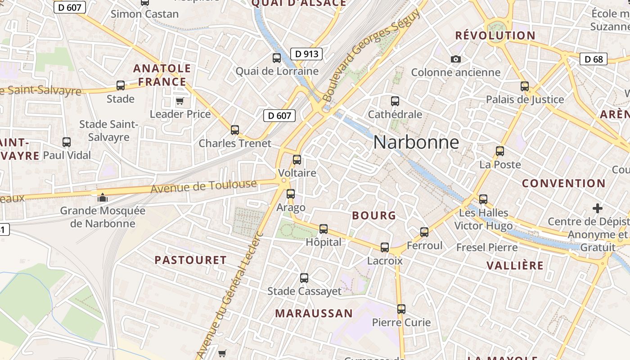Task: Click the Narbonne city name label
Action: (x=416, y=143)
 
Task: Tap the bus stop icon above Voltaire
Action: (x=297, y=160)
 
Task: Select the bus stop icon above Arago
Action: (x=291, y=194)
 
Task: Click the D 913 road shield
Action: (x=306, y=54)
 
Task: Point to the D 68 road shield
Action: (x=594, y=59)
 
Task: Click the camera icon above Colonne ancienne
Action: (x=456, y=59)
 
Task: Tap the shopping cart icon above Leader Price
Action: (x=180, y=101)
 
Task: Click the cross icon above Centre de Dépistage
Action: (x=598, y=208)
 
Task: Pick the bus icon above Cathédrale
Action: (x=395, y=101)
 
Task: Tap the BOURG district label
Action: (x=374, y=216)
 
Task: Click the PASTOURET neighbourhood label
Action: (x=191, y=260)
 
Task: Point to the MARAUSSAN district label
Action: (x=314, y=313)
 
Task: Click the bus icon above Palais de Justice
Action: (x=525, y=86)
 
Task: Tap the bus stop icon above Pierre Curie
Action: (x=401, y=309)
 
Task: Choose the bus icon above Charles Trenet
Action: (x=235, y=130)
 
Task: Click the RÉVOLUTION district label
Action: (x=495, y=36)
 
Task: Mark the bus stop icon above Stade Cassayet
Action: (x=304, y=278)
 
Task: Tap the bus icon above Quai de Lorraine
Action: (x=277, y=58)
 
